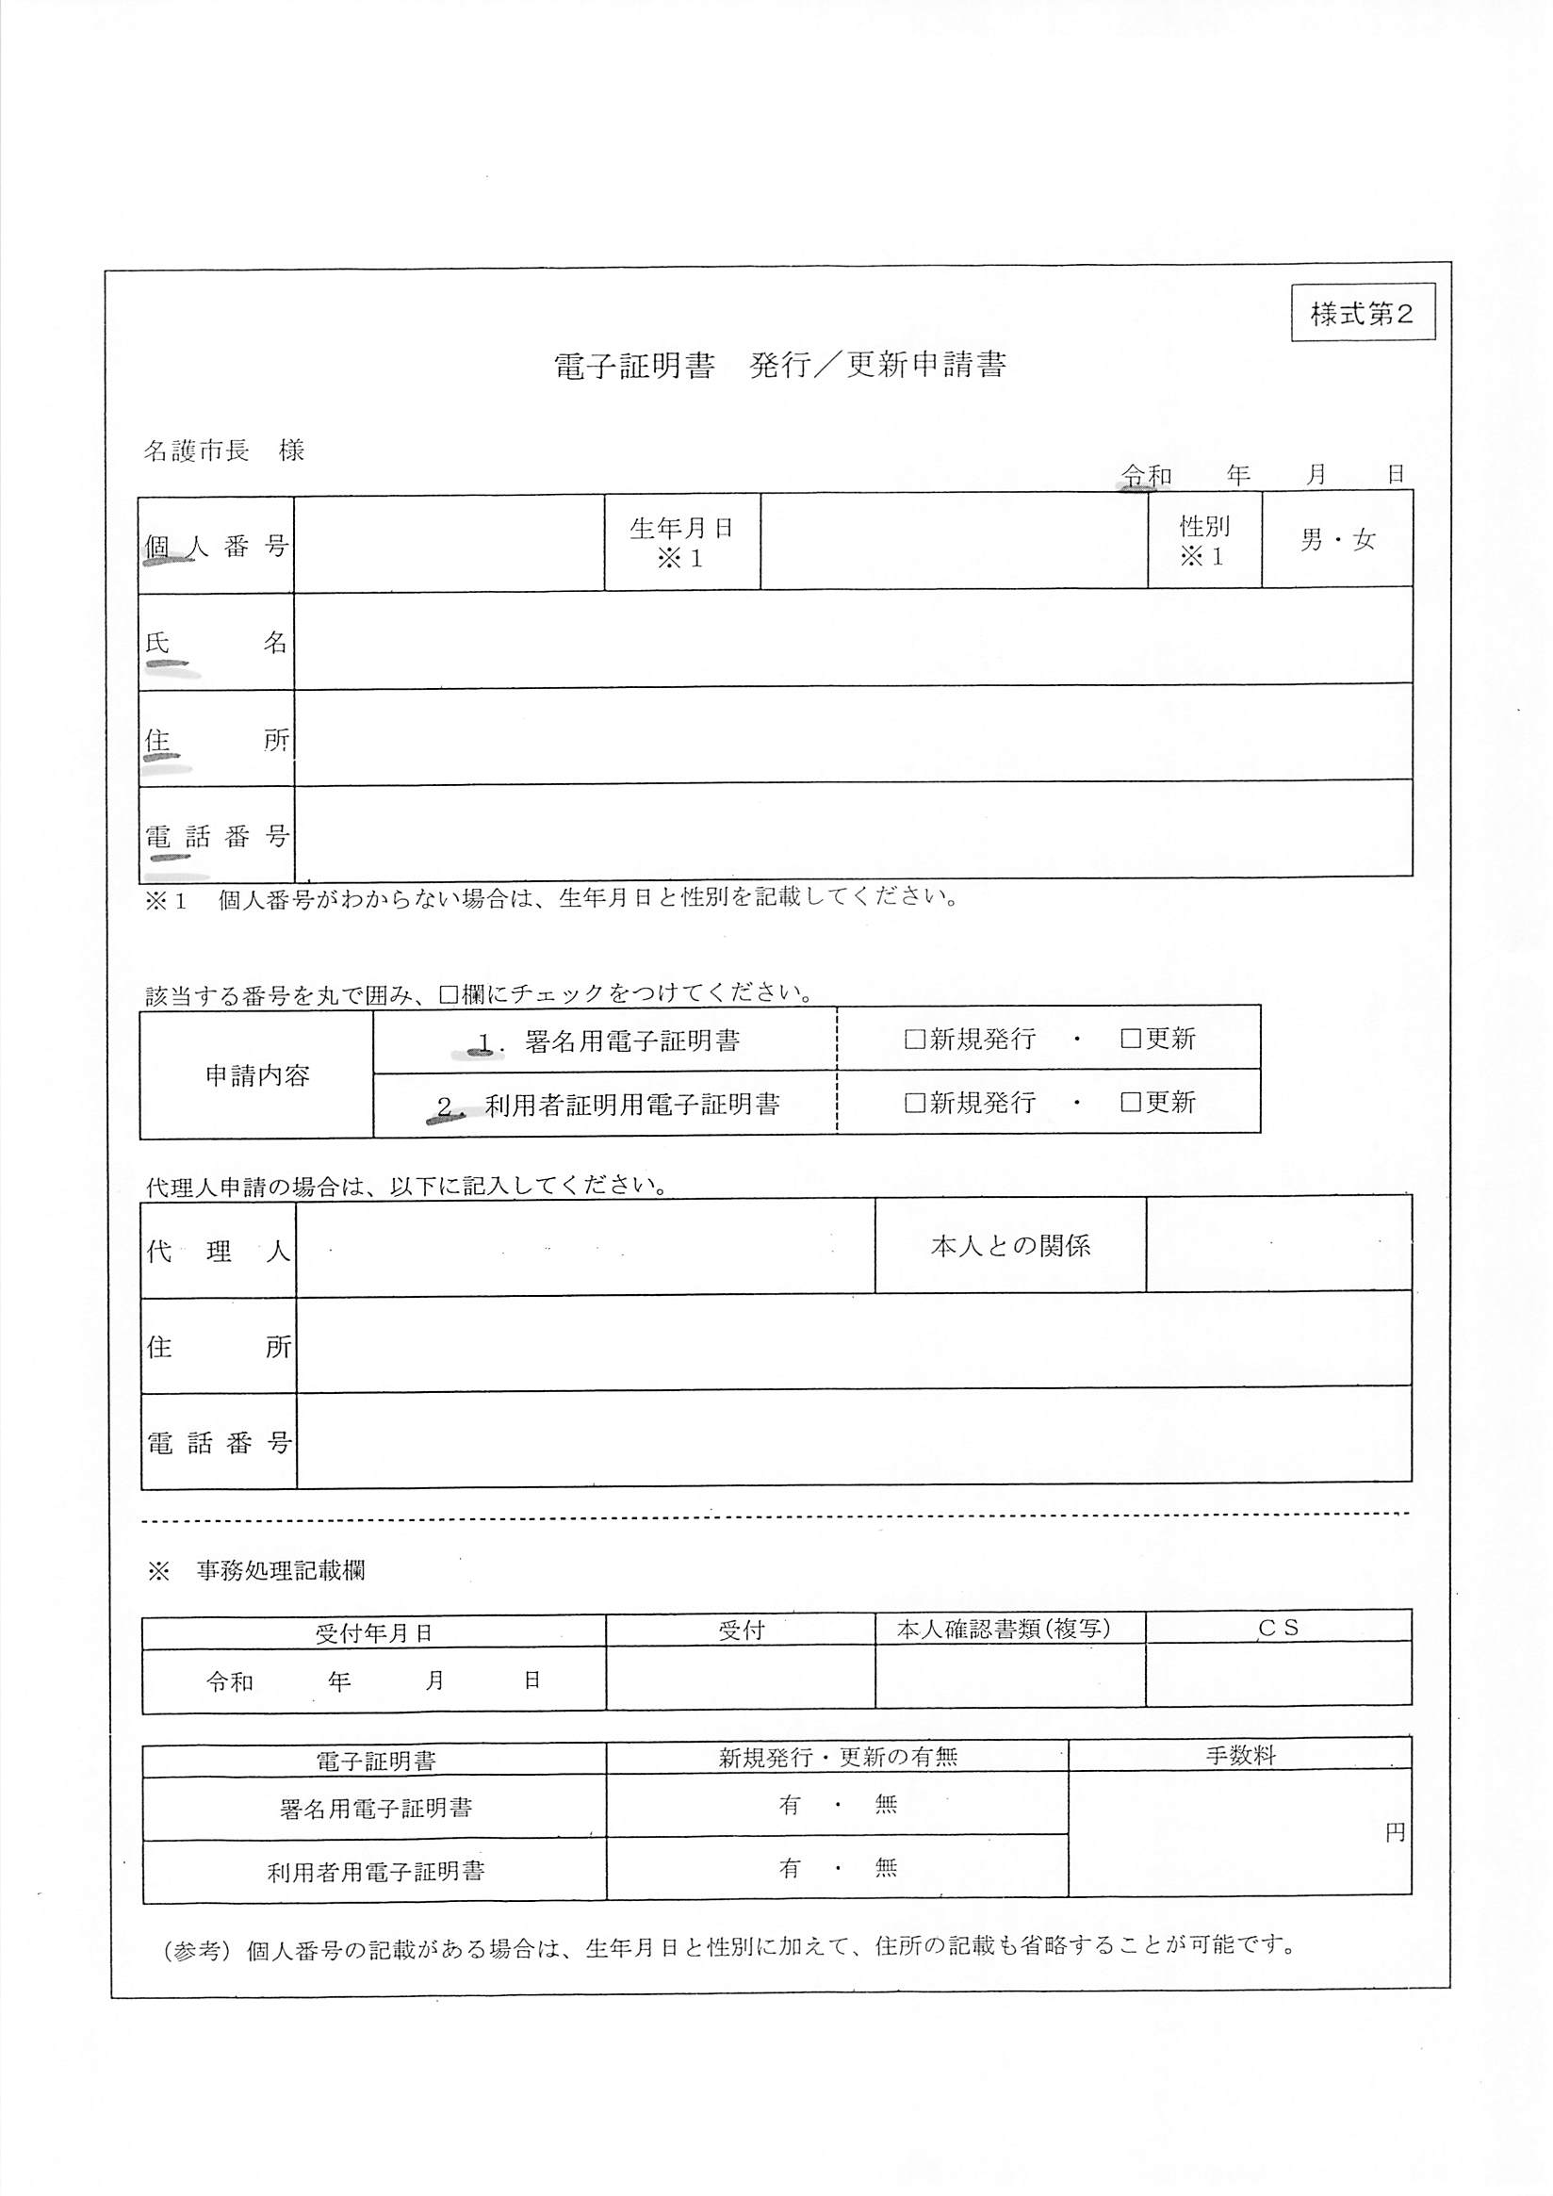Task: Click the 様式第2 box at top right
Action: point(1362,313)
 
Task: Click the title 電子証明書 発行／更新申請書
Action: point(779,366)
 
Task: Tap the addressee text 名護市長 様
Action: point(223,451)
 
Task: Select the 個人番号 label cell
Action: point(216,546)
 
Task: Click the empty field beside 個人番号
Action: point(449,543)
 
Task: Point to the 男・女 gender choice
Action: point(1337,540)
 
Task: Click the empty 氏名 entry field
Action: point(852,638)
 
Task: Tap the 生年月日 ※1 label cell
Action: point(682,542)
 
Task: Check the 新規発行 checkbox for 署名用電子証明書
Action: point(915,1039)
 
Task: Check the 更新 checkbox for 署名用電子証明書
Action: point(1130,1039)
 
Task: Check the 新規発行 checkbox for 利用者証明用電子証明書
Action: point(915,1103)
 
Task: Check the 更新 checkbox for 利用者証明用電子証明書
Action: point(1130,1103)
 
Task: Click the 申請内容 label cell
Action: point(256,1075)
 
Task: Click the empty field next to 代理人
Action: point(584,1248)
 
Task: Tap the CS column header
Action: point(1278,1628)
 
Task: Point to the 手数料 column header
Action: point(1240,1756)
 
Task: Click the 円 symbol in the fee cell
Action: point(1396,1832)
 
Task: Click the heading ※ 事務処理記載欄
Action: point(256,1570)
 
